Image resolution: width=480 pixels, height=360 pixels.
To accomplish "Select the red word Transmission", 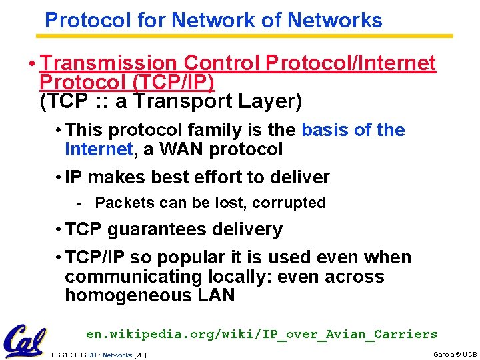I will (109, 63).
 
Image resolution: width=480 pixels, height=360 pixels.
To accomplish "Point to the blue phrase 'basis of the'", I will (353, 130).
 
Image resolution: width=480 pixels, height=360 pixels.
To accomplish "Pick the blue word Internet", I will (99, 149).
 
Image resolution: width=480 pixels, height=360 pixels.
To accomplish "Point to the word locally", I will (245, 277).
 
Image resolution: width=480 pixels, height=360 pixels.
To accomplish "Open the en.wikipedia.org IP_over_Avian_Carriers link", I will (261, 334).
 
